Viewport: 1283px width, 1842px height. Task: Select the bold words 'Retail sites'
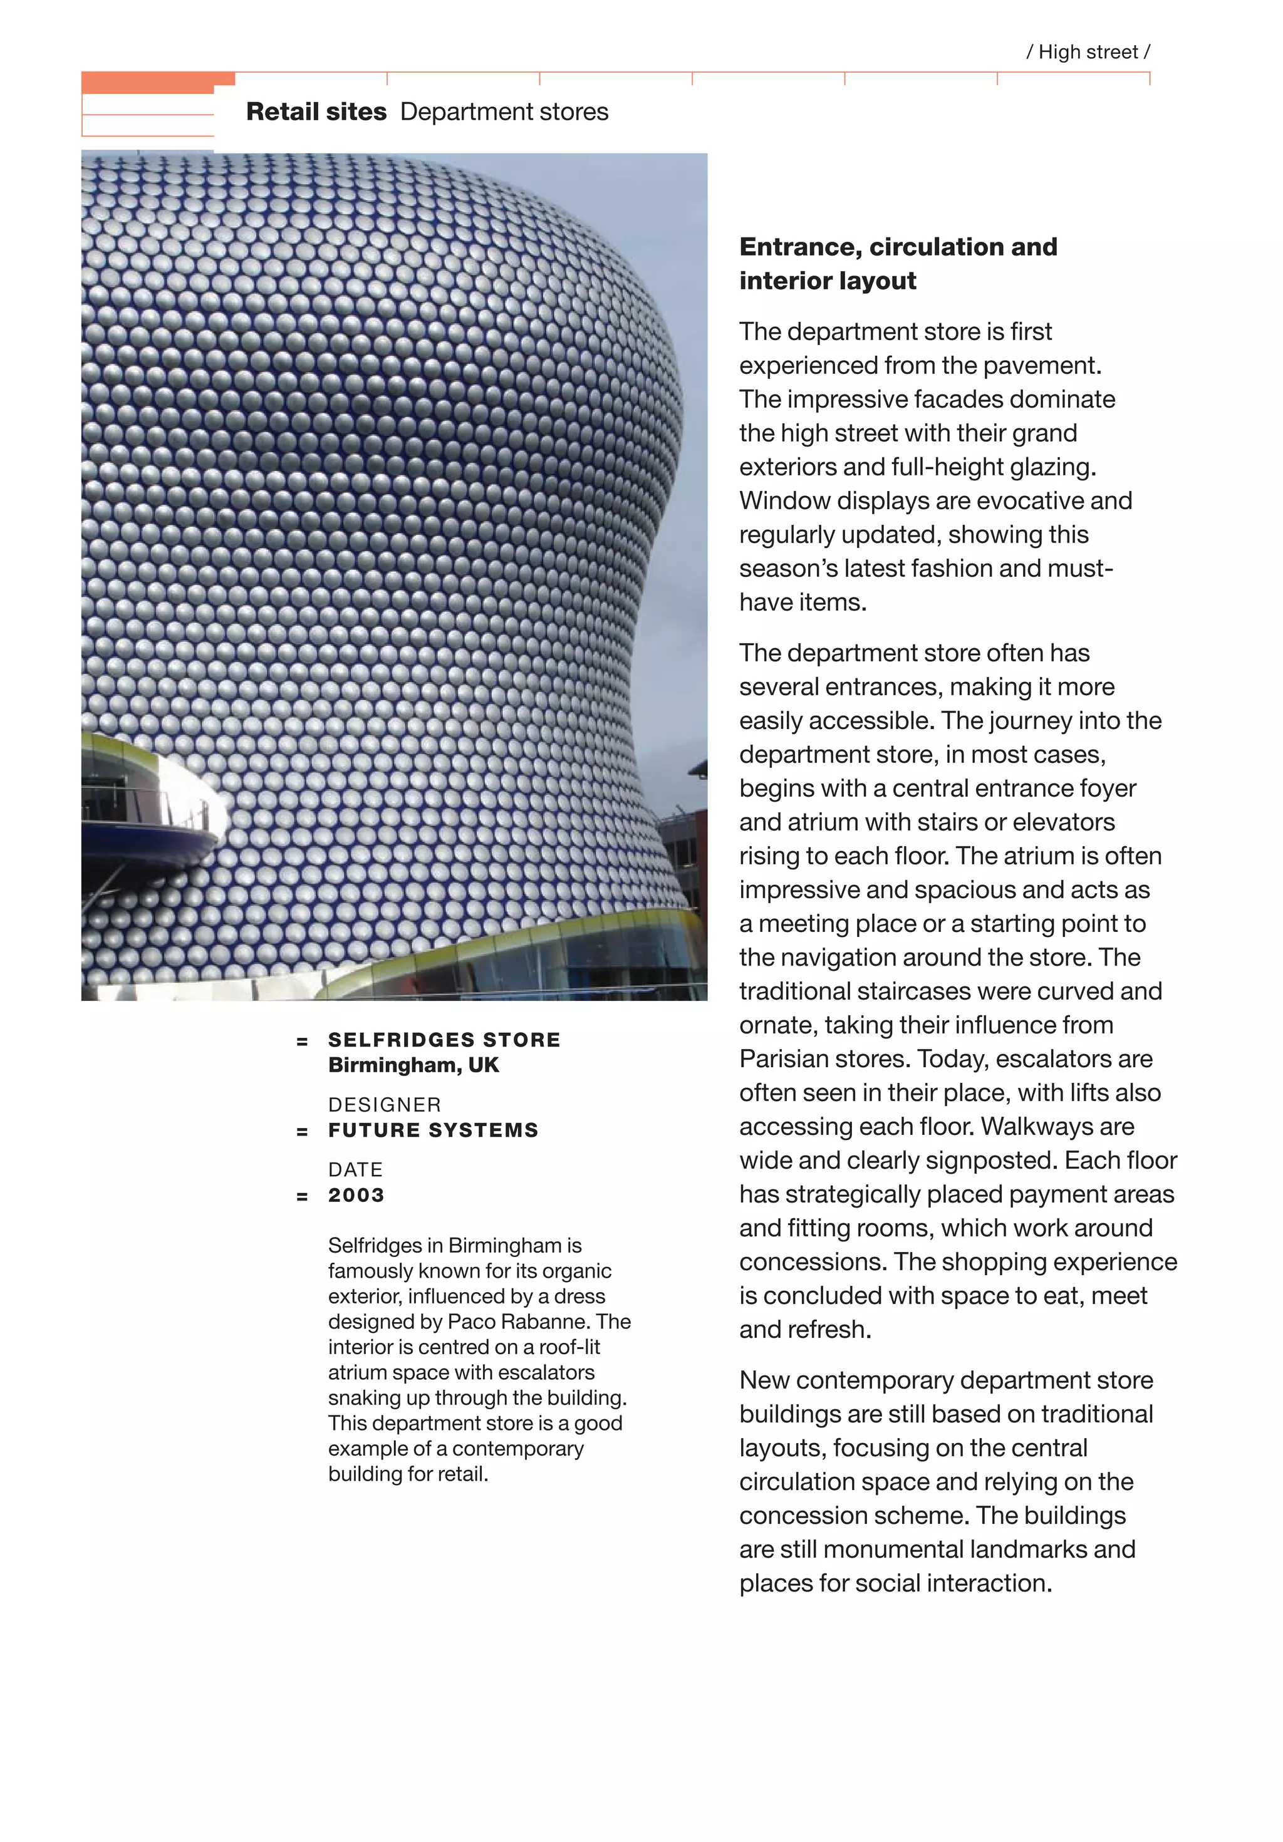316,111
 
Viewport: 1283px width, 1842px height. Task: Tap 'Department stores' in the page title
504,111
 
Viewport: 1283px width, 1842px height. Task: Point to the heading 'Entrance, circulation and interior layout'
897,263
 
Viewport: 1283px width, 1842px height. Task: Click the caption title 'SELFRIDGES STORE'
444,1040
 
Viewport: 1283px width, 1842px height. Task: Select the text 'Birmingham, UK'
413,1065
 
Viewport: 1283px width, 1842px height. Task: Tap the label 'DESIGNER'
385,1105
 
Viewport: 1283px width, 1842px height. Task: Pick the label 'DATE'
355,1170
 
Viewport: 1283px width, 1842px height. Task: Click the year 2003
356,1196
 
